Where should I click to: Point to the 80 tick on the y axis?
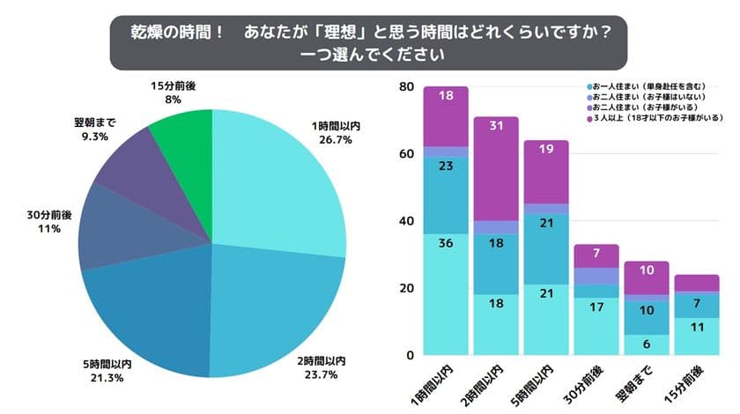click(x=406, y=86)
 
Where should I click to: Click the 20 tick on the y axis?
click(x=406, y=288)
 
